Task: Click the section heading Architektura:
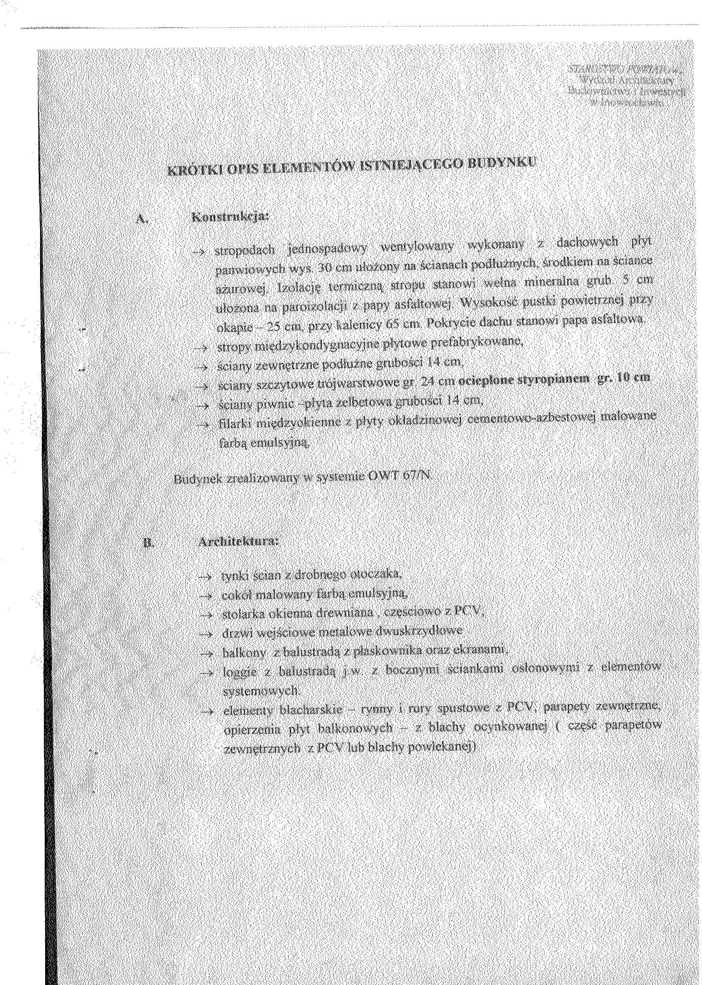click(x=236, y=542)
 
